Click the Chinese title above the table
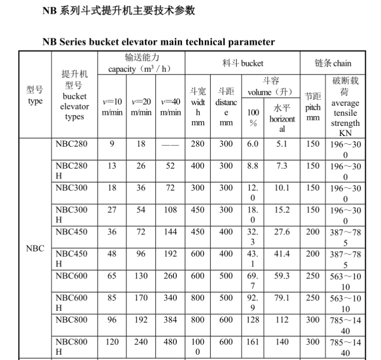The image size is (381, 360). click(119, 10)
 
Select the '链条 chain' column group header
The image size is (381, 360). click(333, 63)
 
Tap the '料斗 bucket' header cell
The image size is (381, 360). click(243, 63)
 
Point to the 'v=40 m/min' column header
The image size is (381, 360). click(170, 107)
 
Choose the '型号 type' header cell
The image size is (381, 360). click(35, 95)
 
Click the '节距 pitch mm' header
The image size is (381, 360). click(313, 107)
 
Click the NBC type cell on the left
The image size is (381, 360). click(35, 249)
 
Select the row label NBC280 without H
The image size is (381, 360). click(71, 144)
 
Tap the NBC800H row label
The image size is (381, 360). click(71, 346)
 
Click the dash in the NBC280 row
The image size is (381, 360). click(170, 144)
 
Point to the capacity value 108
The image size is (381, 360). click(170, 210)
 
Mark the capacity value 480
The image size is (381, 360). click(170, 342)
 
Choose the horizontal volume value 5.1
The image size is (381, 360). click(282, 144)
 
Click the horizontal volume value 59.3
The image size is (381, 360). click(282, 276)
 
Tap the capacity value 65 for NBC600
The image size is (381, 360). click(112, 276)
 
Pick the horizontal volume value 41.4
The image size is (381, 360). click(282, 254)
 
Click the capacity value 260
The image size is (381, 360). click(170, 276)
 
